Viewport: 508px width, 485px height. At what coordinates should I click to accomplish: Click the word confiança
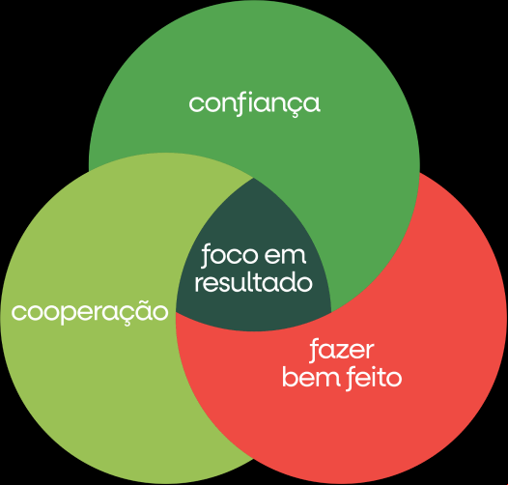click(x=255, y=104)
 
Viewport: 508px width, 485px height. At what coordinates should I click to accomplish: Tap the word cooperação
click(x=90, y=311)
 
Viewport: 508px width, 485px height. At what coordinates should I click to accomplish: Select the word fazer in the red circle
click(x=342, y=351)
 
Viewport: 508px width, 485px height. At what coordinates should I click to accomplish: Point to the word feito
click(x=372, y=377)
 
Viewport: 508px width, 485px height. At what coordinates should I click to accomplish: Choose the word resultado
click(x=253, y=282)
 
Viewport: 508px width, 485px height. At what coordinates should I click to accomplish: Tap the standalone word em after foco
click(x=285, y=256)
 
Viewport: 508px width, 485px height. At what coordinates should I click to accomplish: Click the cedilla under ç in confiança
click(x=294, y=115)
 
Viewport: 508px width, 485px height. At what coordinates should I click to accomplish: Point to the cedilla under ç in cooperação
click(x=123, y=323)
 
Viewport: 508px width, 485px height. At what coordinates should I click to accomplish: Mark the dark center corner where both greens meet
click(x=253, y=178)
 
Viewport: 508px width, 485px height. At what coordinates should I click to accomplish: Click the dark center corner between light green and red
click(x=177, y=313)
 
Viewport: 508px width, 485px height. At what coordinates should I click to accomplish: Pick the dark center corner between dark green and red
click(x=331, y=312)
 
